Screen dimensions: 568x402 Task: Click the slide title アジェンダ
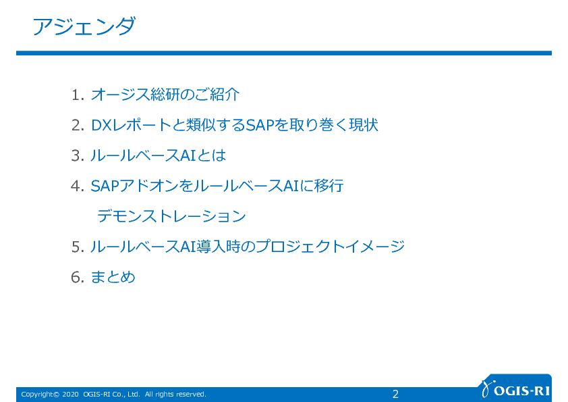tap(84, 26)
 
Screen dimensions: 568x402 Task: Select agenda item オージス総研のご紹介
tap(165, 95)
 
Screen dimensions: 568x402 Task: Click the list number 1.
tap(78, 95)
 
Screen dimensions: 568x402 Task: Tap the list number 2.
tap(78, 126)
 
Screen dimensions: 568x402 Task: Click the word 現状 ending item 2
tap(364, 125)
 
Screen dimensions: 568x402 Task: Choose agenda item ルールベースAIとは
tap(159, 155)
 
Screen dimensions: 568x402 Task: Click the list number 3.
tap(78, 156)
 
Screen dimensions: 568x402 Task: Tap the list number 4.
tap(78, 186)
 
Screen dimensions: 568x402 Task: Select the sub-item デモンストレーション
tap(172, 216)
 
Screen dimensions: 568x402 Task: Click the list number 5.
tap(78, 247)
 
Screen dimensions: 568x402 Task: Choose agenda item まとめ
tap(113, 277)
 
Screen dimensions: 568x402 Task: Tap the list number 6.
tap(78, 278)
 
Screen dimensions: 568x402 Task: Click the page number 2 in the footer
tap(395, 394)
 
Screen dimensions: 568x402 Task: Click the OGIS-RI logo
tap(516, 389)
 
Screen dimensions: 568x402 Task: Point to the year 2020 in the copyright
tap(70, 395)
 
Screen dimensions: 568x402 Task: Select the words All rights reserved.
tap(175, 395)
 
